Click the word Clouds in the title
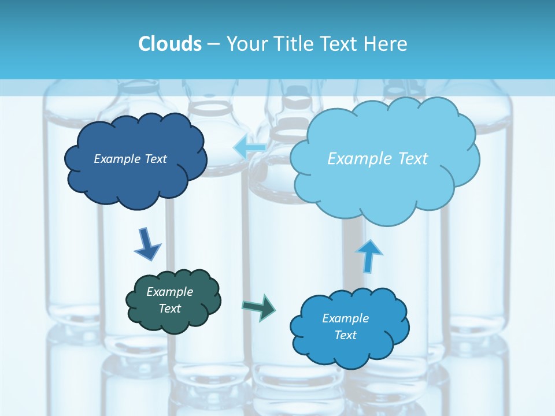click(169, 44)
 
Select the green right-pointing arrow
click(259, 307)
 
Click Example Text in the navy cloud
click(130, 159)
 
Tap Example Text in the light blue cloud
click(378, 159)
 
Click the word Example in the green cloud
click(169, 292)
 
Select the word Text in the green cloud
click(169, 309)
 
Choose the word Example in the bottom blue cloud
click(345, 318)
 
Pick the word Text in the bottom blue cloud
click(345, 335)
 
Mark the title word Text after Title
click(338, 44)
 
